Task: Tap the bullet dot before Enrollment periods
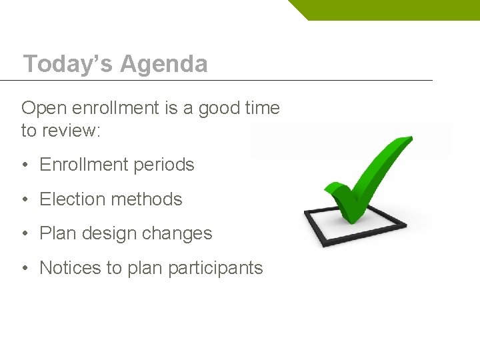point(24,165)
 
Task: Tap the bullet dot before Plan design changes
point(24,234)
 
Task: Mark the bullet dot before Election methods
point(24,200)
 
